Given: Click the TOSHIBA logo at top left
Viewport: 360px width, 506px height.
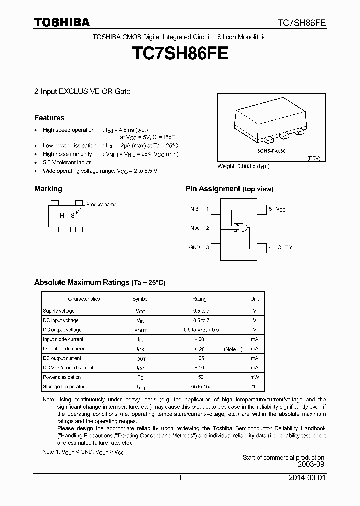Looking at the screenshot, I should point(62,22).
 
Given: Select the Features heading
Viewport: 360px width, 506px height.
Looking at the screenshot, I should point(49,118).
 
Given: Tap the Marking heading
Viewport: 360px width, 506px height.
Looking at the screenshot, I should point(48,189).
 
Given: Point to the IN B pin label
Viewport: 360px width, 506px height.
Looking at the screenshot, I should point(194,209).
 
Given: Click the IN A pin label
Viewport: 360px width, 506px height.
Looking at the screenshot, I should point(194,228).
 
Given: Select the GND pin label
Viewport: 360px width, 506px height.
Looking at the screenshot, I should point(194,247).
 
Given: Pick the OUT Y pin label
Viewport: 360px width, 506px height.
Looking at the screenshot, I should point(285,247).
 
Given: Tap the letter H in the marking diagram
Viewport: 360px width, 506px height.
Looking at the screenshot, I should point(62,215).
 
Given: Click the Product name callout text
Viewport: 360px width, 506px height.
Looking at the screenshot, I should point(101,204).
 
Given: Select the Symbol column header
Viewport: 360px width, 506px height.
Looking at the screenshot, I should point(140,299).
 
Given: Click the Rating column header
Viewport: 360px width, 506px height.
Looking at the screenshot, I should point(199,299).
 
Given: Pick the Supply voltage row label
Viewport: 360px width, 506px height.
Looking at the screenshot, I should point(58,311).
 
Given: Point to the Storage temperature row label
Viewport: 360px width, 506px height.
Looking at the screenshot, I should point(65,386).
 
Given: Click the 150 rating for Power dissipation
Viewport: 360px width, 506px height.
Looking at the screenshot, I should point(199,377).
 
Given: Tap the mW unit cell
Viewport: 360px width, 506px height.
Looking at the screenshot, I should point(254,377).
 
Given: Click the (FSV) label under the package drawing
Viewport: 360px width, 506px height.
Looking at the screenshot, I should point(313,158).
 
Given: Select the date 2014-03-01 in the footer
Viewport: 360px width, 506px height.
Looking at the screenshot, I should point(306,478).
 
